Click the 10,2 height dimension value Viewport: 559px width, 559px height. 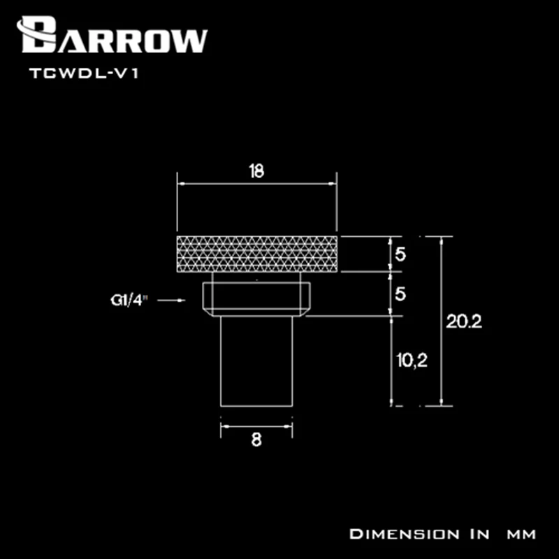point(410,361)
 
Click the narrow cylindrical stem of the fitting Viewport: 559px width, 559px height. point(256,360)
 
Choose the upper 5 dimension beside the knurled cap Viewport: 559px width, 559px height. point(400,255)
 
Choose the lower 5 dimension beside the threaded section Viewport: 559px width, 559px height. point(400,295)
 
